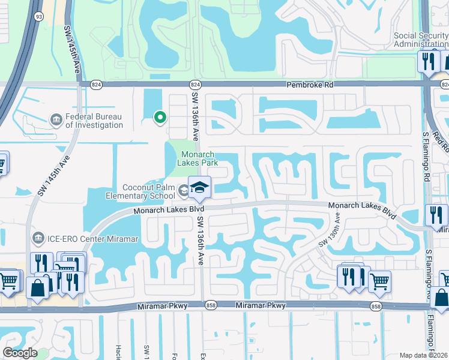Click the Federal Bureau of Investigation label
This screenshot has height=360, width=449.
coord(94,120)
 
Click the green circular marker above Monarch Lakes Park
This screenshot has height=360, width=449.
coord(160,118)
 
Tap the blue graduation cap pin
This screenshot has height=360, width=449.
coord(200,188)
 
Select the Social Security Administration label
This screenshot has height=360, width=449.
coord(421,40)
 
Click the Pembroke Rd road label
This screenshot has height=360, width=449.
coord(310,85)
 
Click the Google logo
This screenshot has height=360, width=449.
coord(20,352)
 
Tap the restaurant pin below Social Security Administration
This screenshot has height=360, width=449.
coord(429,62)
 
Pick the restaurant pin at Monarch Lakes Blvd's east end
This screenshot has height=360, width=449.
coord(436,215)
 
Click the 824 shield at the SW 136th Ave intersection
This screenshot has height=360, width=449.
coord(195,85)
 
